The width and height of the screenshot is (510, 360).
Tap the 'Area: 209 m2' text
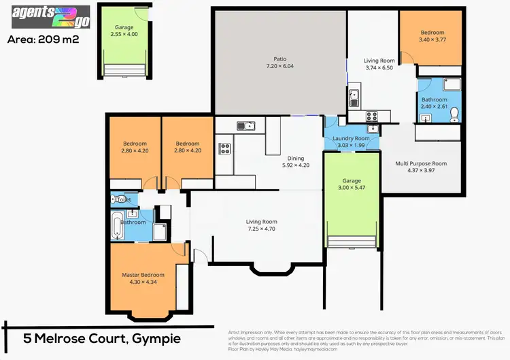pos(43,39)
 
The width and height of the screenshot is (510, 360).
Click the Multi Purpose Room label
pos(421,167)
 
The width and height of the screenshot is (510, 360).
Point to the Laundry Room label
pos(352,142)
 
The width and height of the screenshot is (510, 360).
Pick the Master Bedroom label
pos(143,278)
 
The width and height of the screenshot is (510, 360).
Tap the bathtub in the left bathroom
pos(117,225)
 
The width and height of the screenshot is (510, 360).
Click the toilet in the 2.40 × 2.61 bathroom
pos(455,114)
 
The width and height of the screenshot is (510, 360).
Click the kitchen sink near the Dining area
pos(245,125)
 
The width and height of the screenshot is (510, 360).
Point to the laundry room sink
pos(372,128)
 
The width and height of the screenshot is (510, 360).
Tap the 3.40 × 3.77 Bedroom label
pos(432,36)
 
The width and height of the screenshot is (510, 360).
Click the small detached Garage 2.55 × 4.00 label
pos(124,31)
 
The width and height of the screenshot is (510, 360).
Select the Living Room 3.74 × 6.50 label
pos(379,64)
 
